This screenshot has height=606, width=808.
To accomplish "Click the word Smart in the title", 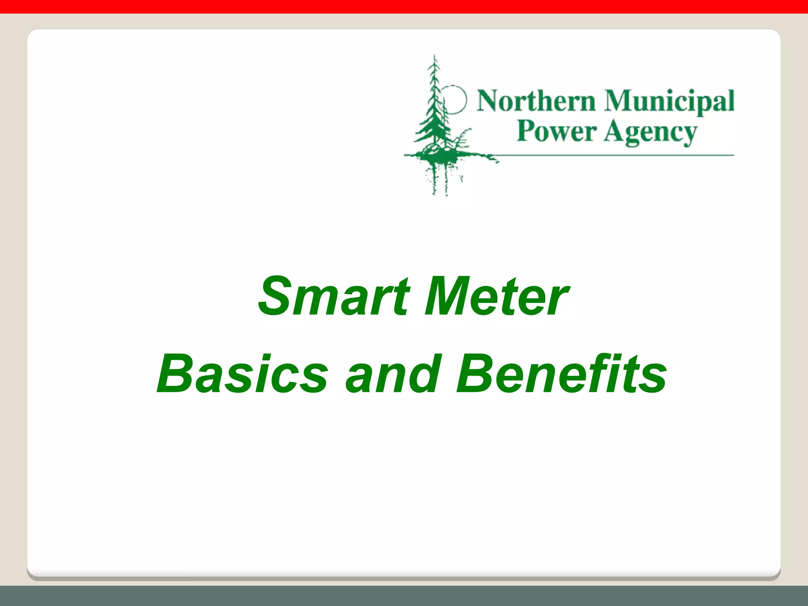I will click(333, 297).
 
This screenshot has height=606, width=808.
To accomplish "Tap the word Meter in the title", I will click(496, 297).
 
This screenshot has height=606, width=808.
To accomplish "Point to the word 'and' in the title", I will click(392, 374).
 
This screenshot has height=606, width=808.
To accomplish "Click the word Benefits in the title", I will click(561, 374).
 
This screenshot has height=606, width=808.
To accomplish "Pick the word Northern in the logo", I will click(536, 101).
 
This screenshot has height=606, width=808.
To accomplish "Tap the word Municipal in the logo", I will click(669, 102).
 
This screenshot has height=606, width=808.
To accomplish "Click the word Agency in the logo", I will click(650, 133).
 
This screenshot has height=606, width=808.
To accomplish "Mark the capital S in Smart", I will click(275, 297).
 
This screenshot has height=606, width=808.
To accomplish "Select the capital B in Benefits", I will click(474, 374).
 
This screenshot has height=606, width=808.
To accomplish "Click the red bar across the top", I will click(404, 6).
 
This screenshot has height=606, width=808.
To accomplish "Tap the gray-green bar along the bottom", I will click(404, 596).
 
